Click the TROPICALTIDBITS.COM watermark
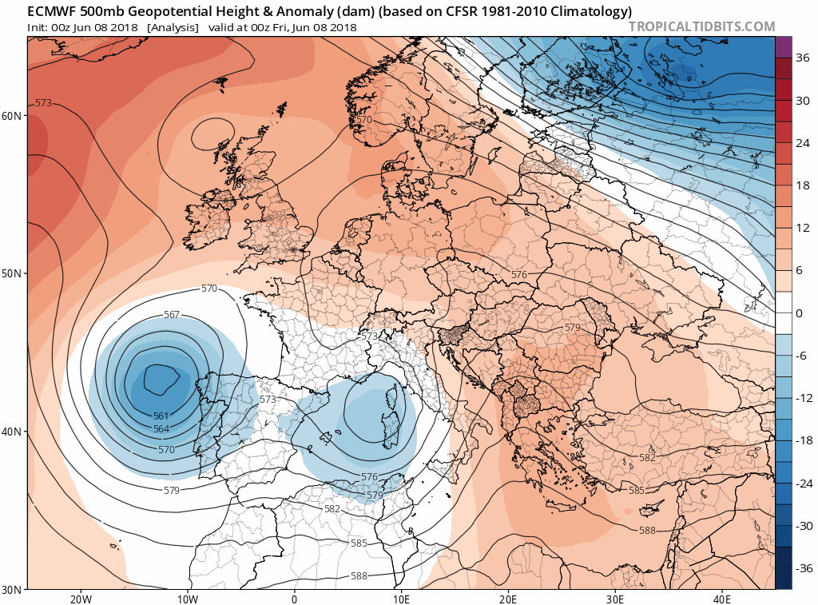[x=701, y=26]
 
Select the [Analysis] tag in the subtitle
[x=173, y=27]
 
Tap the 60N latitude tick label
[x=12, y=116]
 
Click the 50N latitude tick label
[x=12, y=273]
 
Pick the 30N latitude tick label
[x=12, y=589]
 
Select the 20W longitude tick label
[x=80, y=599]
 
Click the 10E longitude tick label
[x=401, y=599]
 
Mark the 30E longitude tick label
[x=614, y=599]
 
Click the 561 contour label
[x=161, y=416]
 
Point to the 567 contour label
[x=172, y=315]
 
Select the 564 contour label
[x=161, y=429]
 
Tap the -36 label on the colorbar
[x=801, y=568]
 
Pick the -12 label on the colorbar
[x=801, y=398]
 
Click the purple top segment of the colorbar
[x=783, y=46]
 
